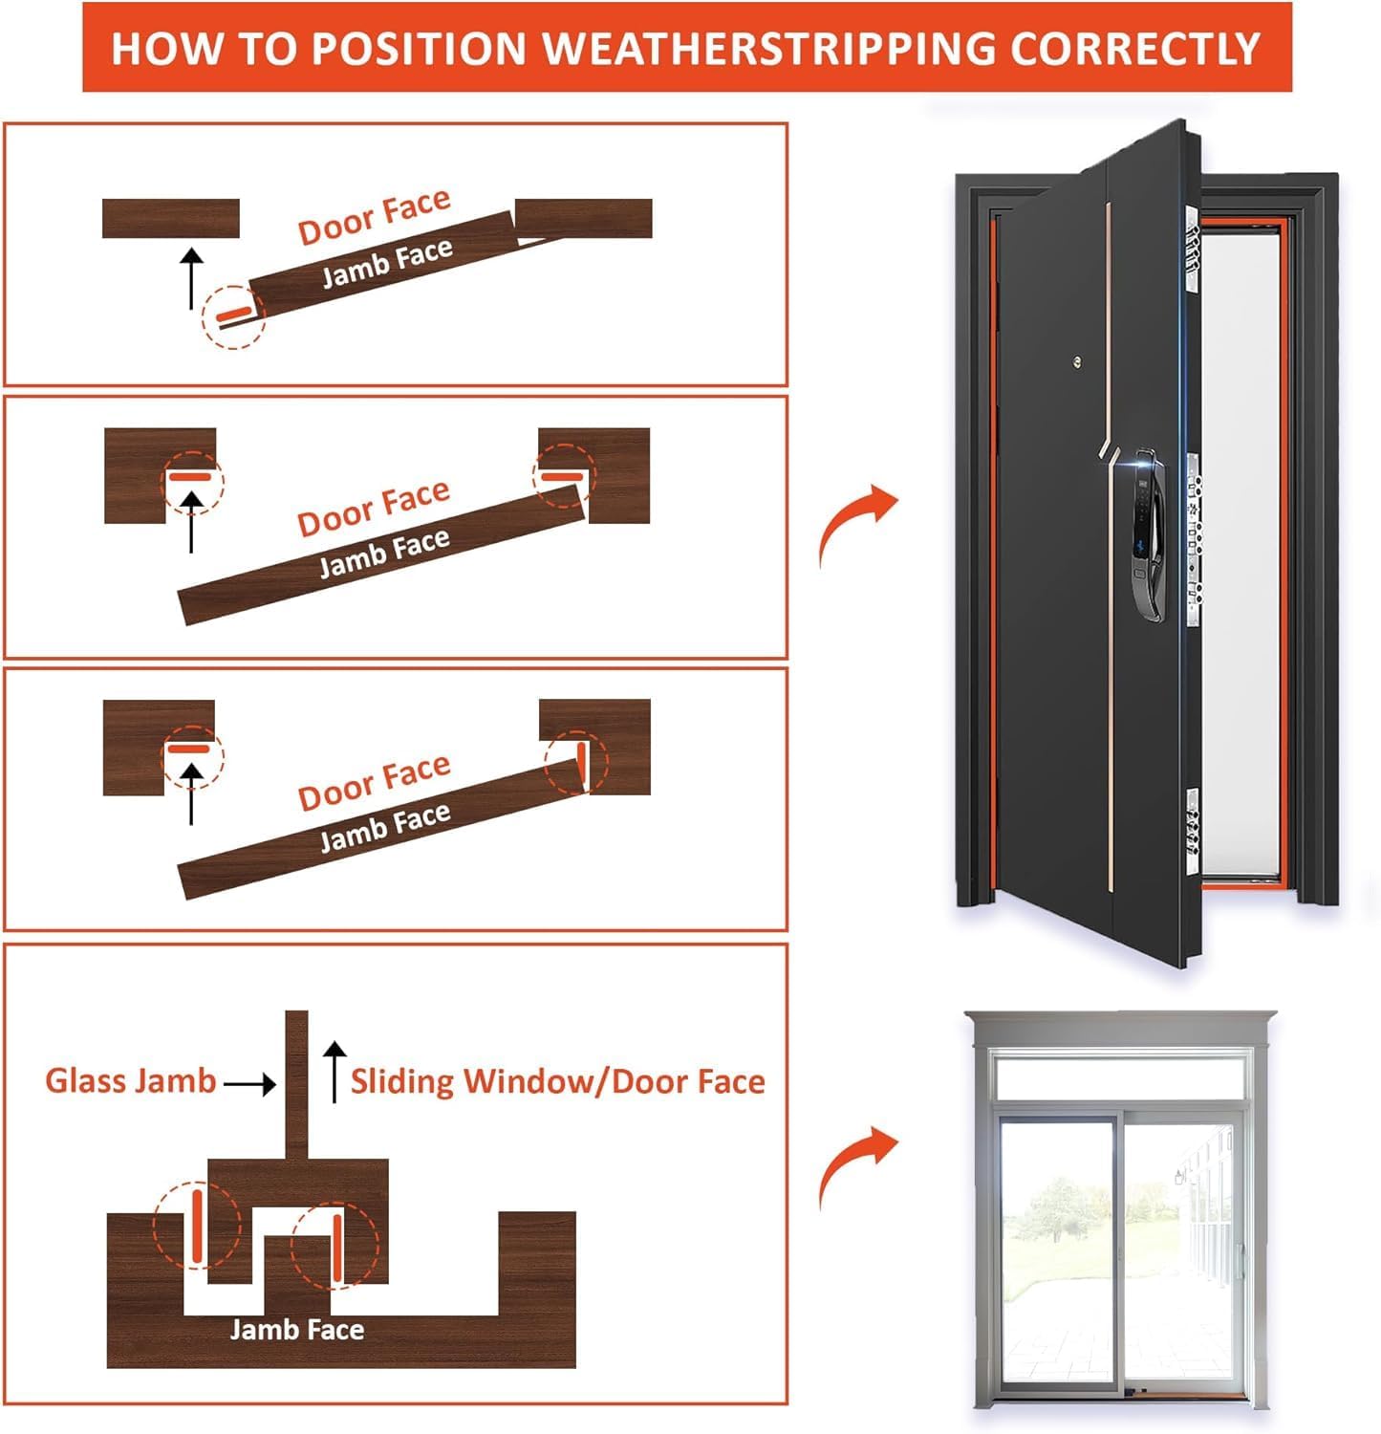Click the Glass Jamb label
point(131,1081)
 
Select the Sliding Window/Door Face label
point(557,1081)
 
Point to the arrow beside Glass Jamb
point(249,1083)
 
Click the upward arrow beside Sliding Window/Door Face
point(334,1072)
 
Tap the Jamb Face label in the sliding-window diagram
point(296,1330)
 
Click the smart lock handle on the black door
point(1145,532)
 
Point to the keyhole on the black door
point(1077,361)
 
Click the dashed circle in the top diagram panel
point(232,316)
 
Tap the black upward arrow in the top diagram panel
point(192,277)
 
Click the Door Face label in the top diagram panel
point(374,217)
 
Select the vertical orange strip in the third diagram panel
point(580,762)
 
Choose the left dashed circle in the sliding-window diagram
point(197,1225)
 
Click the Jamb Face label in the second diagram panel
point(384,554)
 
